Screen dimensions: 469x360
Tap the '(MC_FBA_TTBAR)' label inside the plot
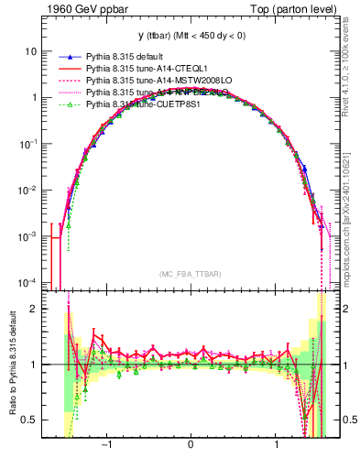(x=191, y=275)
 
